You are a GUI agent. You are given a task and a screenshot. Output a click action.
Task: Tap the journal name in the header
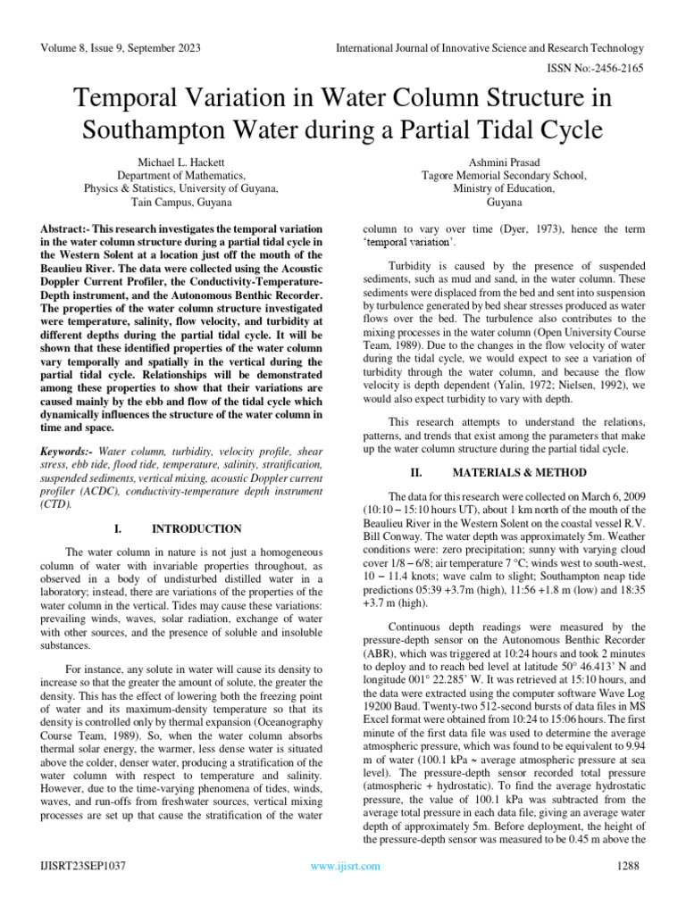[489, 47]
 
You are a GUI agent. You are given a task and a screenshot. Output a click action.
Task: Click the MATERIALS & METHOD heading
[519, 472]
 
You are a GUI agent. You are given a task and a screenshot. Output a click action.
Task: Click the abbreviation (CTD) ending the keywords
[55, 503]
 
